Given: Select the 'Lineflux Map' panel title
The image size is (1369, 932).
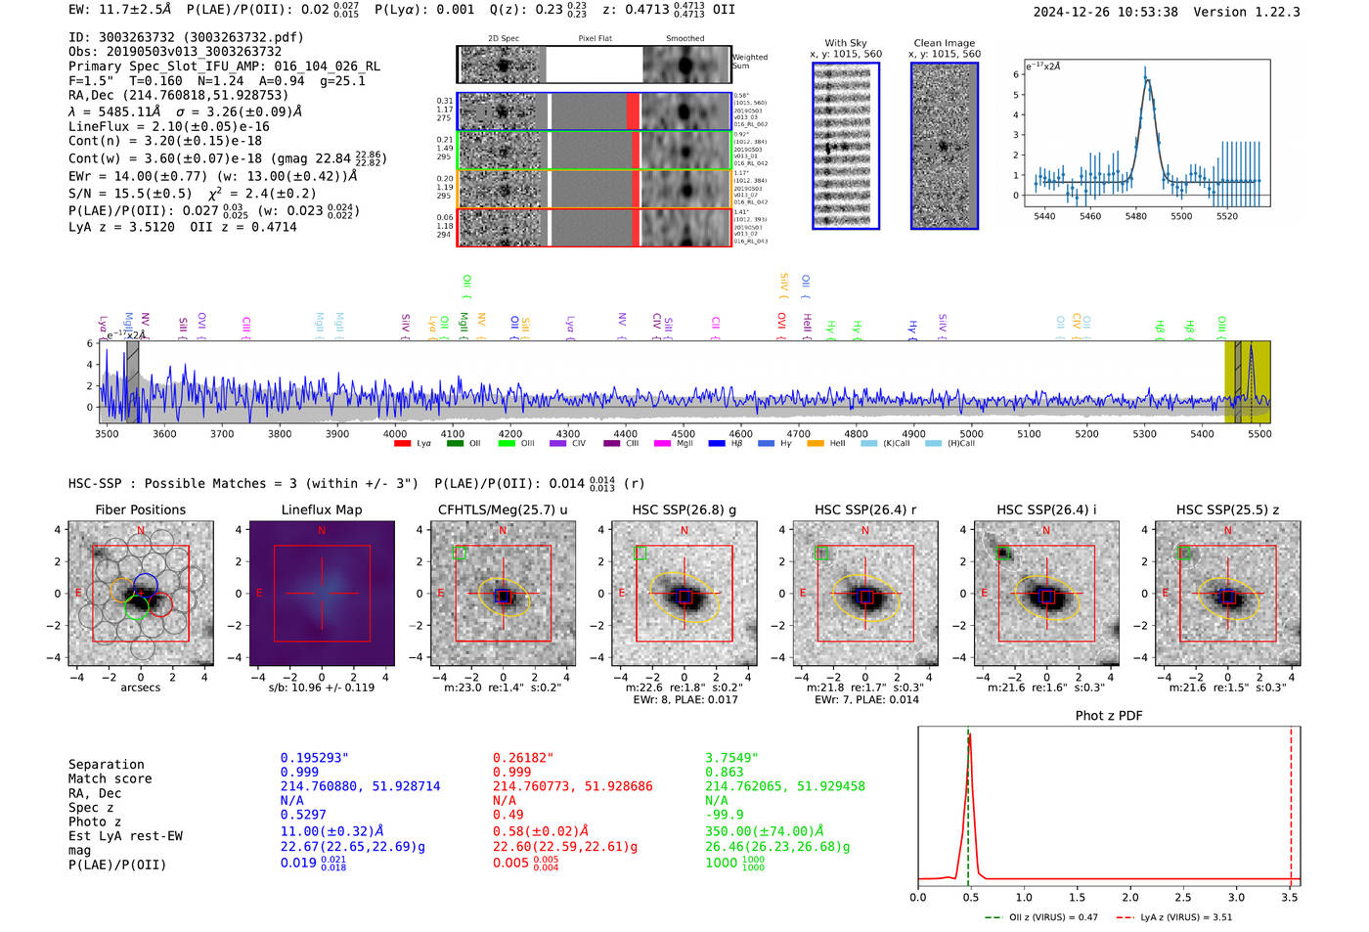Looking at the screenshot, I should [x=321, y=510].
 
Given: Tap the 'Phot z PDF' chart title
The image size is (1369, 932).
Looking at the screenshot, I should [x=1108, y=716].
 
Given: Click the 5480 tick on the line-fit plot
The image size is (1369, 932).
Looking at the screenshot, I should [x=1135, y=216].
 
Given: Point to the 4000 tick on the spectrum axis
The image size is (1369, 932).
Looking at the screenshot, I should [x=395, y=433].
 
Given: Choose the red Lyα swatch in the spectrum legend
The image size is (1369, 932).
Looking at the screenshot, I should [x=402, y=444].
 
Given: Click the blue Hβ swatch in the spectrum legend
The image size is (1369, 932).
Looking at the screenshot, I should [x=717, y=444].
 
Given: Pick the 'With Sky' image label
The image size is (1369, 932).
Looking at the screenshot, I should [x=845, y=43].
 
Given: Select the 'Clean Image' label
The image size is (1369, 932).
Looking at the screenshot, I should [x=944, y=43].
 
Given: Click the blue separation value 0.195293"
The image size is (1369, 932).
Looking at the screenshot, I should [x=314, y=758].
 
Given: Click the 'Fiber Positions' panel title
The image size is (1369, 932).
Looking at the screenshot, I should [x=140, y=510].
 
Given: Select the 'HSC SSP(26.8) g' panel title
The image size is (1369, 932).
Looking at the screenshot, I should [x=684, y=510].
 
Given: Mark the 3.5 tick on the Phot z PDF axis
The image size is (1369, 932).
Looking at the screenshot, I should [x=1290, y=897].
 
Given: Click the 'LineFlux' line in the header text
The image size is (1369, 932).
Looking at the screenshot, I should [x=168, y=126].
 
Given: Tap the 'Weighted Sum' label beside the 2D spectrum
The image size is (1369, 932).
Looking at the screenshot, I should [x=750, y=62].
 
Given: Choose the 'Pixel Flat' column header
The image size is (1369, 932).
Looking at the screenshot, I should [x=595, y=38].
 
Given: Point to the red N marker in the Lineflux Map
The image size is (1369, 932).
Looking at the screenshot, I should [x=322, y=530].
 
